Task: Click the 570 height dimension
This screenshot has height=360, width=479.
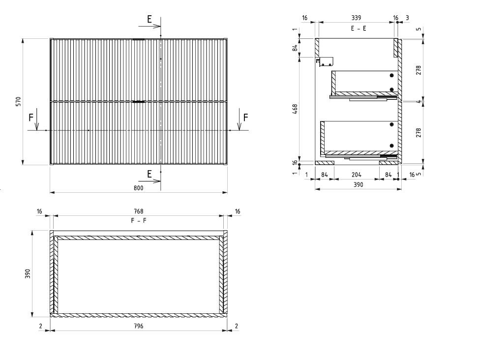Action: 18,101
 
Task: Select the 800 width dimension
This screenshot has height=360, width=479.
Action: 138,188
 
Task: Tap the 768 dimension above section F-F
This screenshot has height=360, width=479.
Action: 138,211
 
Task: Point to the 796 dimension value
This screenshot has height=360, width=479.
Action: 138,326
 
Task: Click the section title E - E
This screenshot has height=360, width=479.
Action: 359,29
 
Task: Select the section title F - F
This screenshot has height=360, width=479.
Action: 138,220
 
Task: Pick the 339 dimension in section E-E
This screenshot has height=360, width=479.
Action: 356,18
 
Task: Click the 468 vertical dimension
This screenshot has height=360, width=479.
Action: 295,109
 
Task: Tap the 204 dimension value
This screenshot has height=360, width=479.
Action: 357,175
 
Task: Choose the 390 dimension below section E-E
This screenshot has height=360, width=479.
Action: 359,184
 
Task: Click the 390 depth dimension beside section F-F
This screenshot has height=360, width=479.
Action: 28,273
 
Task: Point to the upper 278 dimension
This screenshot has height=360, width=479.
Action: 419,70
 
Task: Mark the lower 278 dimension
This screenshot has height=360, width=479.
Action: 419,132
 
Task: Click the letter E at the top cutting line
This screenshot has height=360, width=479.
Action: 150,19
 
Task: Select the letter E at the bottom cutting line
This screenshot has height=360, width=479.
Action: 150,174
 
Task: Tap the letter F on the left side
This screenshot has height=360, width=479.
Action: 31,118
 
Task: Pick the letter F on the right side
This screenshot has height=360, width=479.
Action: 245,118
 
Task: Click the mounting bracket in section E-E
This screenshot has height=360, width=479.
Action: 325,61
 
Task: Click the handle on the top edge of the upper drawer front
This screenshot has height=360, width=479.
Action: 139,39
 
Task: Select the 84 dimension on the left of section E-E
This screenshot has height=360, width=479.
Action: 295,48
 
